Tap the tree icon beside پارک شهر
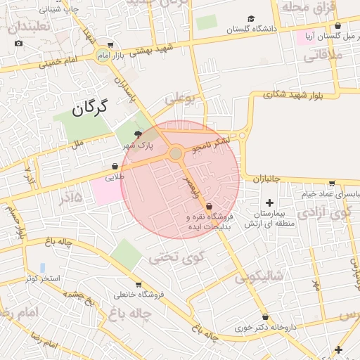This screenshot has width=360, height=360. pyautogui.click(x=138, y=134)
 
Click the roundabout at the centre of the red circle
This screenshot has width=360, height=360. pyautogui.click(x=176, y=153)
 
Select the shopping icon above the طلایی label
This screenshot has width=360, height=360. pyautogui.click(x=115, y=167)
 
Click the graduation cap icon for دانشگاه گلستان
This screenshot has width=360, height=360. pyautogui.click(x=252, y=19)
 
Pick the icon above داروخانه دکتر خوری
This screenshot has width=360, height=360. pyautogui.click(x=265, y=316)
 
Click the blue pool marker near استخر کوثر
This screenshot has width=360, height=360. pyautogui.click(x=43, y=268)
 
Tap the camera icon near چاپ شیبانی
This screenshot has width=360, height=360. pyautogui.click(x=18, y=44)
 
